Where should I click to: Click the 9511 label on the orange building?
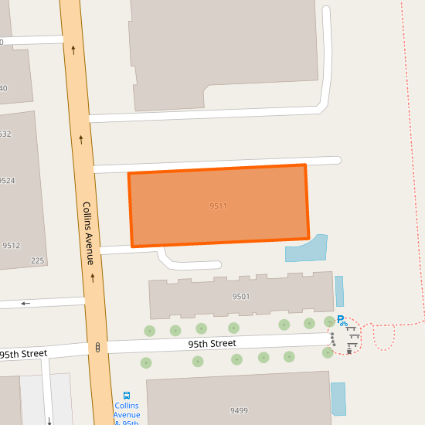[218, 206]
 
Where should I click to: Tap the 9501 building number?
[241, 297]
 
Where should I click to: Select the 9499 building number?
[238, 410]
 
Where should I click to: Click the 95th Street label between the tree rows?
[212, 342]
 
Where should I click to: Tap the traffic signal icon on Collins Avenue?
[98, 348]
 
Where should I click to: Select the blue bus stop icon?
[127, 395]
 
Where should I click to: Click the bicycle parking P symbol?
[340, 319]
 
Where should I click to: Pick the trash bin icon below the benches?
[349, 352]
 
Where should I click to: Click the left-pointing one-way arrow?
[25, 303]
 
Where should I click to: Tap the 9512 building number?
[11, 246]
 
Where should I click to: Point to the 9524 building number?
[7, 181]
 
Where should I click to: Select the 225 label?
[38, 260]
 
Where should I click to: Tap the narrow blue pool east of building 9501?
[339, 291]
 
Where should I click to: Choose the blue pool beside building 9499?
[338, 399]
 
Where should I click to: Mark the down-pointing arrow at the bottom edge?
[49, 420]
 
